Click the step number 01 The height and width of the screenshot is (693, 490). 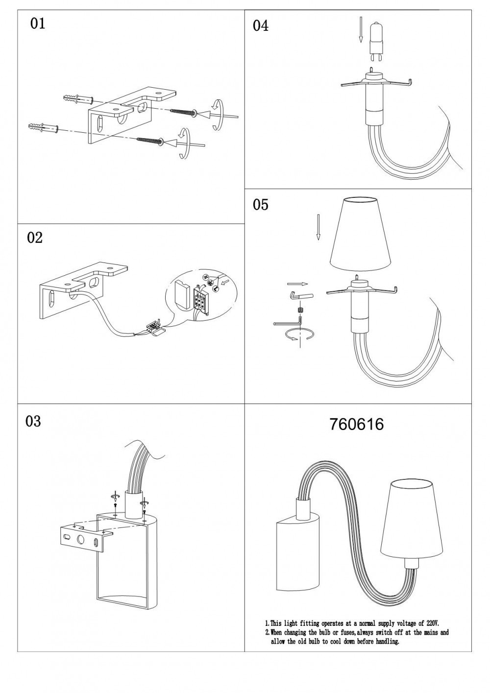(x=38, y=24)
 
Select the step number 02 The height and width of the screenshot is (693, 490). (x=35, y=238)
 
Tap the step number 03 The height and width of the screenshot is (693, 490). (x=33, y=421)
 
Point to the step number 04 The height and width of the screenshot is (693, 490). (x=261, y=26)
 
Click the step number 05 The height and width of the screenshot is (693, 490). (x=261, y=205)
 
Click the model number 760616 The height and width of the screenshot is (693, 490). (x=357, y=424)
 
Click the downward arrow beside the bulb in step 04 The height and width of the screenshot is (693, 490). (x=360, y=29)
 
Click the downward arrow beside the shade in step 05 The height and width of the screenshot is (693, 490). (x=318, y=229)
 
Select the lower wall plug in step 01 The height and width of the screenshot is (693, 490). (x=44, y=128)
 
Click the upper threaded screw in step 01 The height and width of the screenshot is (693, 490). (x=184, y=112)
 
